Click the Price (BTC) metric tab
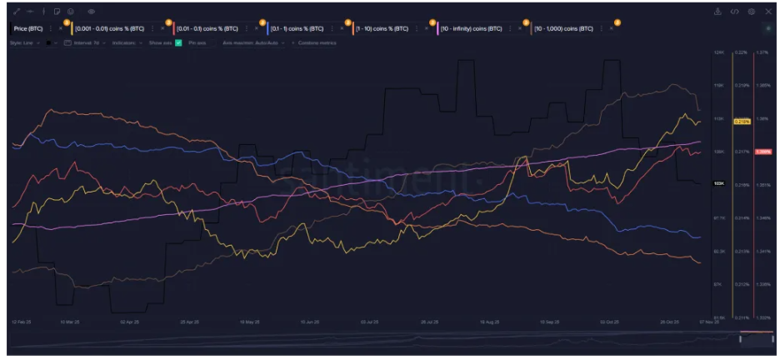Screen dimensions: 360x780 pos(30,28)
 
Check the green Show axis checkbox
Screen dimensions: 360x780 pos(178,42)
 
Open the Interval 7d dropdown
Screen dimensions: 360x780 pos(86,42)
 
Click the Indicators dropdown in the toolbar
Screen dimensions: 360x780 pos(125,42)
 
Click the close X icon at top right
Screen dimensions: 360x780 pos(768,12)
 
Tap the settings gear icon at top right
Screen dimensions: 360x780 pos(752,12)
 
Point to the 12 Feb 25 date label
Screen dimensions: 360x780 pos(20,321)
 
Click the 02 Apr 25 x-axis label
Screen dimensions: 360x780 pos(129,321)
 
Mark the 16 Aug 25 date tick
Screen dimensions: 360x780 pos(491,321)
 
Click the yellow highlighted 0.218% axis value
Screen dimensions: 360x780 pos(742,122)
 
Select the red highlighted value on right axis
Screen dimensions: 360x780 pos(762,152)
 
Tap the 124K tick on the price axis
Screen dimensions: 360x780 pos(717,52)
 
